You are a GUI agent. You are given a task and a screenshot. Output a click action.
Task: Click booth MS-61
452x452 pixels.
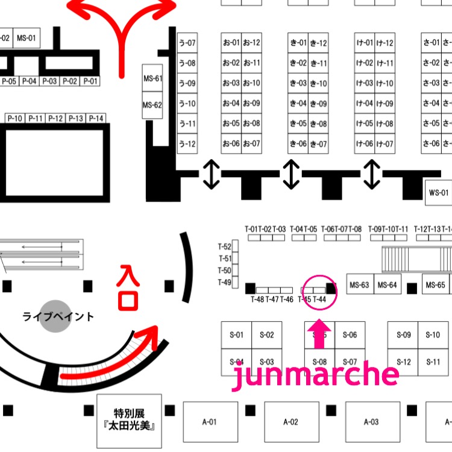[x=152, y=78]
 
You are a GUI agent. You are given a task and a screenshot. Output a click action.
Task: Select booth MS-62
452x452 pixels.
[x=152, y=105]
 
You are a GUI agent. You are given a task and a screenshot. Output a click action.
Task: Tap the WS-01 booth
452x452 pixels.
[x=438, y=193]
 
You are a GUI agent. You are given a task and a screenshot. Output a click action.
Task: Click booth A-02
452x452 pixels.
[x=290, y=422]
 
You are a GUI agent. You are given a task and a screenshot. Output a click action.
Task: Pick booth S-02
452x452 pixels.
[x=266, y=335]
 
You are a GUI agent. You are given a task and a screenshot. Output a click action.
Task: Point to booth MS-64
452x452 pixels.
[x=388, y=284]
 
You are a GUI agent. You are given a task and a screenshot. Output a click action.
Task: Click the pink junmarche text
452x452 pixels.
[x=315, y=375]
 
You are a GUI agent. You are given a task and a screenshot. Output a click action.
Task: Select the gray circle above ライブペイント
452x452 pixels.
[x=56, y=316]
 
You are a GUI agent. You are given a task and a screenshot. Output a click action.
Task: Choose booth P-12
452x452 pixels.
[x=56, y=118]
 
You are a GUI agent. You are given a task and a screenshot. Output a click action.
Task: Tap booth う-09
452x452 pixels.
[x=187, y=83]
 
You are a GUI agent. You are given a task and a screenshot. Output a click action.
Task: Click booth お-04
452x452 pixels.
[x=231, y=103]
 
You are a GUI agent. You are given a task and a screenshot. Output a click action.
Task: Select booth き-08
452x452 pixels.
[x=318, y=124]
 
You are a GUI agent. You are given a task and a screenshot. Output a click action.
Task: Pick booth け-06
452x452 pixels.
[x=364, y=143]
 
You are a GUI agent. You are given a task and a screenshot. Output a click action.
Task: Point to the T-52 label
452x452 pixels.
[x=224, y=246]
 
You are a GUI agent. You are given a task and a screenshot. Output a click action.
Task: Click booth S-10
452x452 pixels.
[x=433, y=335]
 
